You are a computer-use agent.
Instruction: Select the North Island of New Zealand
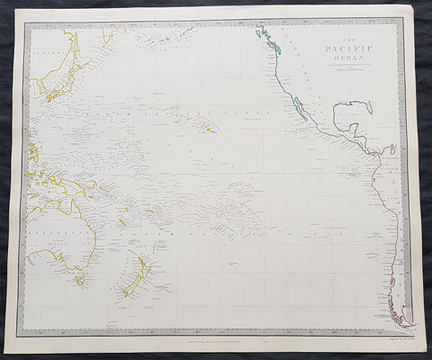click(145, 266)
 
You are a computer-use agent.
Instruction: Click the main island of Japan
click(54, 88)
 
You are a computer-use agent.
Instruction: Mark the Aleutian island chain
click(171, 39)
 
